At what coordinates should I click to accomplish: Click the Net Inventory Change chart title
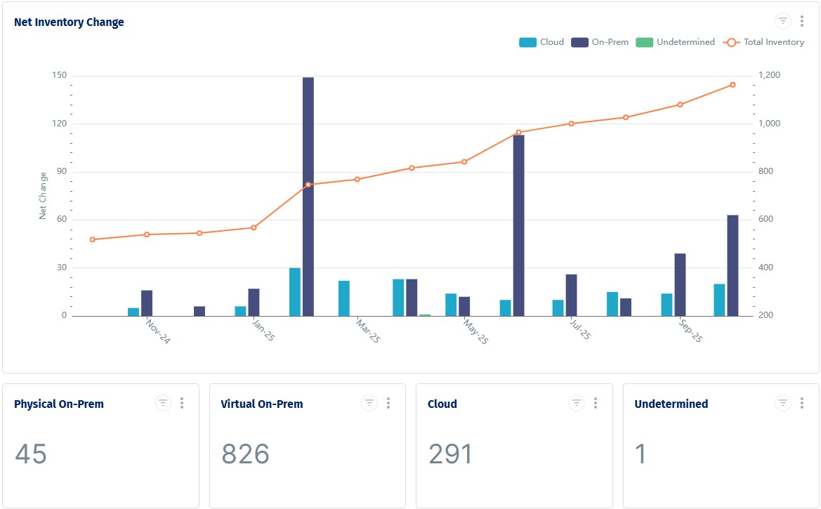click(x=69, y=22)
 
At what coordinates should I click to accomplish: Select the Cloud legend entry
click(x=541, y=42)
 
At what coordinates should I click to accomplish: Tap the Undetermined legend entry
click(x=676, y=42)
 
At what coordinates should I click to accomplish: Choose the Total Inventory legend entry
click(x=765, y=42)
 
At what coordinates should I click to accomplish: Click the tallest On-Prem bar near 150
click(x=308, y=197)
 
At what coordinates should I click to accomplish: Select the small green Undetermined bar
click(x=425, y=315)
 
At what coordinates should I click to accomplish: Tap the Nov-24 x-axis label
click(x=158, y=331)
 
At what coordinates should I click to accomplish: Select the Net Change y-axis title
click(x=44, y=196)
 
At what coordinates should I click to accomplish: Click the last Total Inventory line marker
click(x=733, y=85)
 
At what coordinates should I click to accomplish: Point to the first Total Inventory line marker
click(x=93, y=239)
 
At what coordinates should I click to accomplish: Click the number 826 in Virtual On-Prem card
click(x=245, y=454)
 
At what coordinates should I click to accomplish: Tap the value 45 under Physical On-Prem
click(x=31, y=454)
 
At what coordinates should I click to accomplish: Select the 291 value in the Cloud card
click(x=450, y=454)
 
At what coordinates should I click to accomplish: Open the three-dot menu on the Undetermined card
click(x=802, y=403)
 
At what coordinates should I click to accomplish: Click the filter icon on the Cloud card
click(x=576, y=403)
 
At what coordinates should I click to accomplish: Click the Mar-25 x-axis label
click(x=368, y=331)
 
